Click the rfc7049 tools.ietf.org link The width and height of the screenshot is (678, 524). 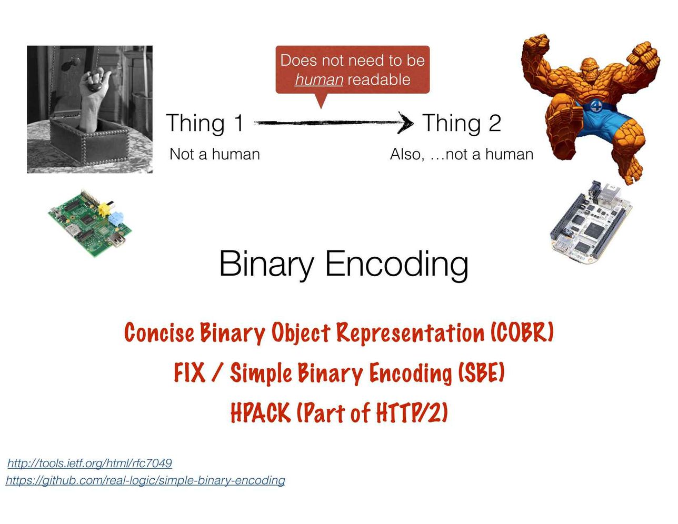click(89, 463)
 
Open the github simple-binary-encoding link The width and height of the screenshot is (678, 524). click(145, 480)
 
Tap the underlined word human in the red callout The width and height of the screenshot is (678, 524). click(319, 80)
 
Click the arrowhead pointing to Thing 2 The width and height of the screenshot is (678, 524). click(406, 123)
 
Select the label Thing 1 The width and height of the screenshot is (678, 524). click(205, 123)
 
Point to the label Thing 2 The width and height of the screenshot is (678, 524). click(462, 123)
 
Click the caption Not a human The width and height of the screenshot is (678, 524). click(215, 154)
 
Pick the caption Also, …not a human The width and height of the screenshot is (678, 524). click(462, 154)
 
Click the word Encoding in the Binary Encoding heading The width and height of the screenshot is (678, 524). click(397, 265)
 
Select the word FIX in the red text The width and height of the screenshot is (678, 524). click(190, 372)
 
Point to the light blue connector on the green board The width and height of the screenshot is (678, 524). click(116, 218)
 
